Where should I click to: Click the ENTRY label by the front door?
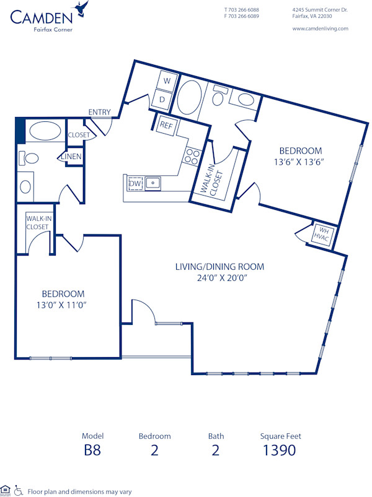coord(99,112)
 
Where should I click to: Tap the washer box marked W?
coord(166,80)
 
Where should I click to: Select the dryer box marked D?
coord(162,98)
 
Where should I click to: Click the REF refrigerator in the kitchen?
coord(166,124)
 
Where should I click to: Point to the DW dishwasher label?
coord(135,184)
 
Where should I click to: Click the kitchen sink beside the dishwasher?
coord(153,183)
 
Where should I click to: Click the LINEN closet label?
coord(71,157)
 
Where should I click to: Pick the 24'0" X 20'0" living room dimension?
coord(219,278)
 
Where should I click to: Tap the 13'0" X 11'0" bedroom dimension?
coord(63,305)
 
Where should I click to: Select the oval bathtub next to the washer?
coord(188,95)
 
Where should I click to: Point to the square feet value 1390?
coord(280,450)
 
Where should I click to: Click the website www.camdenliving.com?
coord(320,28)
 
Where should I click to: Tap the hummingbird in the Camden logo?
coord(81,9)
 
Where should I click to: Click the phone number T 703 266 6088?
coord(241,10)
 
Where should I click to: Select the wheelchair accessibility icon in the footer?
coord(19,490)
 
